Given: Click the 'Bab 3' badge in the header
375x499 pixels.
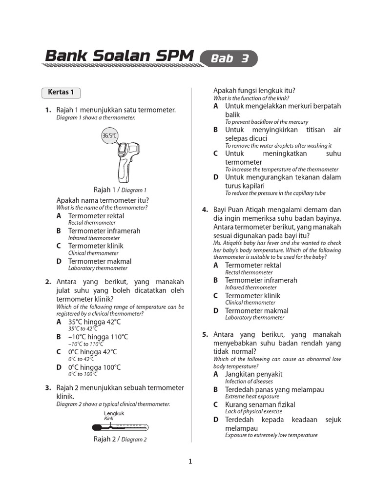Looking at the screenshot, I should pos(229,58).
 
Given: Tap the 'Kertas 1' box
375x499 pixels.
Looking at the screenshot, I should pos(61,92).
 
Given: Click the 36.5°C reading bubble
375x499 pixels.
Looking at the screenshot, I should pos(109,136).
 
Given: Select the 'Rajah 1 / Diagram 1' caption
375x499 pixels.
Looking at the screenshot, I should pos(120,190).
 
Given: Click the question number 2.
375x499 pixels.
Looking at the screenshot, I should pos(48,282).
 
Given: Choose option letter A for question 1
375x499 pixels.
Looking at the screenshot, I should pos(59,215).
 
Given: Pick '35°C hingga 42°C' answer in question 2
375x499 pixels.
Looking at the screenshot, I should pos(94,322).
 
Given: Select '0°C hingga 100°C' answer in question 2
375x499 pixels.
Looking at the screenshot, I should pos(94,367).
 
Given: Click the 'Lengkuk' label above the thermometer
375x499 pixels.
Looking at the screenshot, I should pos(114,413).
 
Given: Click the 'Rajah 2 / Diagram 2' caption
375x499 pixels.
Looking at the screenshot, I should pos(120,439).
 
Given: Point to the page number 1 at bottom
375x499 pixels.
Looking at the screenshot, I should pos(190,462).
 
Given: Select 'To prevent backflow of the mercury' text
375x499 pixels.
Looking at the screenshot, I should pos(266,122).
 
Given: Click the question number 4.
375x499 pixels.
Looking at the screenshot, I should pos(205,210).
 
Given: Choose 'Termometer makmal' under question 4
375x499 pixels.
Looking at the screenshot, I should pos(256,310).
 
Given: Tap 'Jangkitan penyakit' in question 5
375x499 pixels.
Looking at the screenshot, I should pos(253,374).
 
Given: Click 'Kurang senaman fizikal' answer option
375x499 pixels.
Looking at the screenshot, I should pos(260,404).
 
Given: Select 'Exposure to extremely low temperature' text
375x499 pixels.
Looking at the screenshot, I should pos(271,435).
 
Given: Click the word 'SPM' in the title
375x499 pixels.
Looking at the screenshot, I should pos(172,56).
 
